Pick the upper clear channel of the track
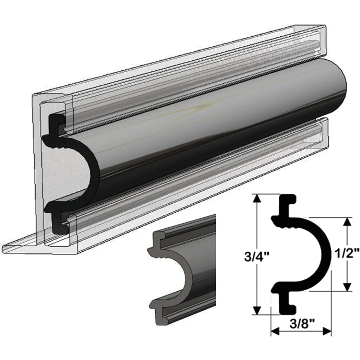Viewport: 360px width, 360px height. click(192, 86)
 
